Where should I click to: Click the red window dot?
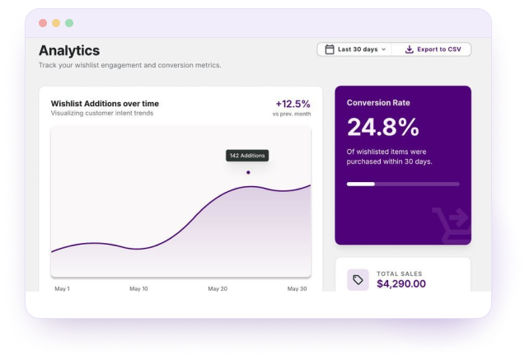click(43, 23)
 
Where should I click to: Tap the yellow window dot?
click(56, 23)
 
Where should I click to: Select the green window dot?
click(69, 23)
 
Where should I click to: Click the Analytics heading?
click(69, 50)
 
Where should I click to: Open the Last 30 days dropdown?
click(354, 49)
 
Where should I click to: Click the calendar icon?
click(330, 49)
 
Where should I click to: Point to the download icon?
click(409, 49)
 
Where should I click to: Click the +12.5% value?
click(293, 104)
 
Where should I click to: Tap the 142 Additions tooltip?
click(247, 156)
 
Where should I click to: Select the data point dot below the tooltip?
click(248, 172)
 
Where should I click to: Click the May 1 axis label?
click(63, 288)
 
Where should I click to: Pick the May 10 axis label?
click(138, 288)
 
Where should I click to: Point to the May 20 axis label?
click(218, 288)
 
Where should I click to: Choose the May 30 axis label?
click(297, 288)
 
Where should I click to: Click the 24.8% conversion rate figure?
click(383, 127)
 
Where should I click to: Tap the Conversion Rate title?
click(378, 103)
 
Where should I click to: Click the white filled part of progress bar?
click(361, 184)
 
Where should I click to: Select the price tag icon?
click(358, 280)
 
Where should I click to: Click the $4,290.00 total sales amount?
click(401, 283)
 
